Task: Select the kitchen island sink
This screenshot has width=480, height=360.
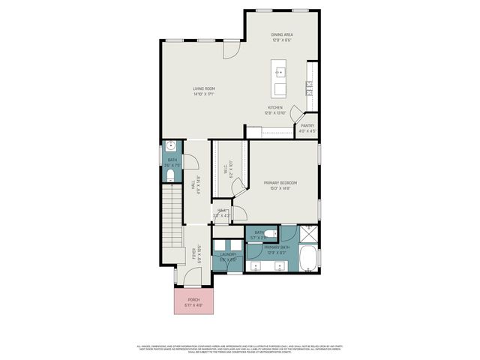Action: point(281,73)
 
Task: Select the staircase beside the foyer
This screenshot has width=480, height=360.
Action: point(173,217)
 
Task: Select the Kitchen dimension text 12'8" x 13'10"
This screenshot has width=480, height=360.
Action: point(275,114)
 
